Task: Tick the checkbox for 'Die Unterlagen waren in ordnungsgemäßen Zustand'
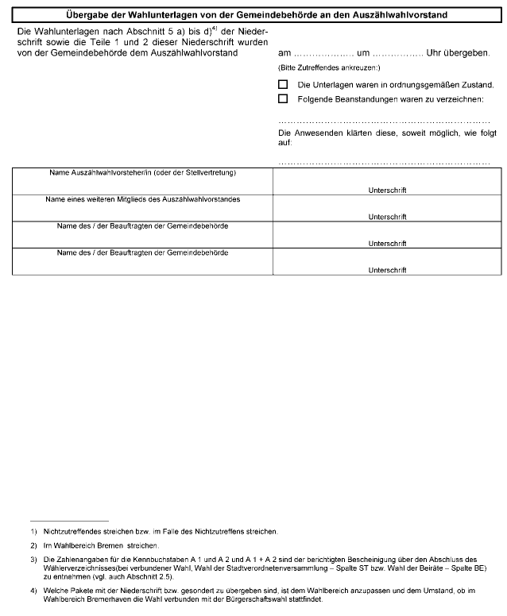[x=283, y=84]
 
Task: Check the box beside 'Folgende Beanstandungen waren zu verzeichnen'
[x=283, y=99]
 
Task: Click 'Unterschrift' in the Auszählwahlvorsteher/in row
[x=387, y=191]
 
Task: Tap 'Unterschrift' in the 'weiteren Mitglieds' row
[x=387, y=217]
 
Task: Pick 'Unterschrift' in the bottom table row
[x=387, y=270]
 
